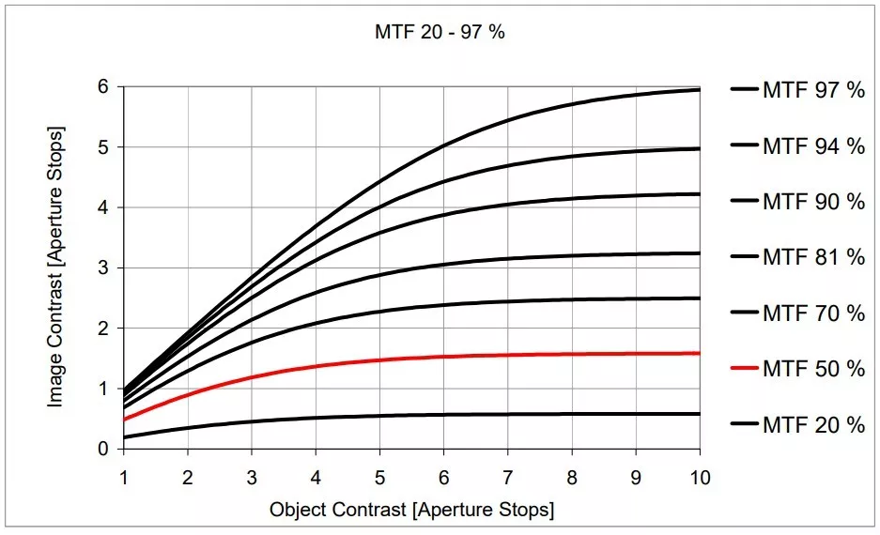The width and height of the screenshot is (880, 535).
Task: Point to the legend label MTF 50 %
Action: (812, 369)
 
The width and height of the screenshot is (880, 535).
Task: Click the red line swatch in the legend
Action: (744, 369)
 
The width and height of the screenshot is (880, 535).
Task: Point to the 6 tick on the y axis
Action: (104, 87)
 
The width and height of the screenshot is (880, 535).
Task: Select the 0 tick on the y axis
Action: (104, 449)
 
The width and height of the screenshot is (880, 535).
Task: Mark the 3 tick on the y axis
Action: (104, 268)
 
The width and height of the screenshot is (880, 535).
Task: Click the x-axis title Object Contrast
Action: (411, 511)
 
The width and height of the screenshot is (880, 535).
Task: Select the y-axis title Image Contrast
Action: (55, 266)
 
